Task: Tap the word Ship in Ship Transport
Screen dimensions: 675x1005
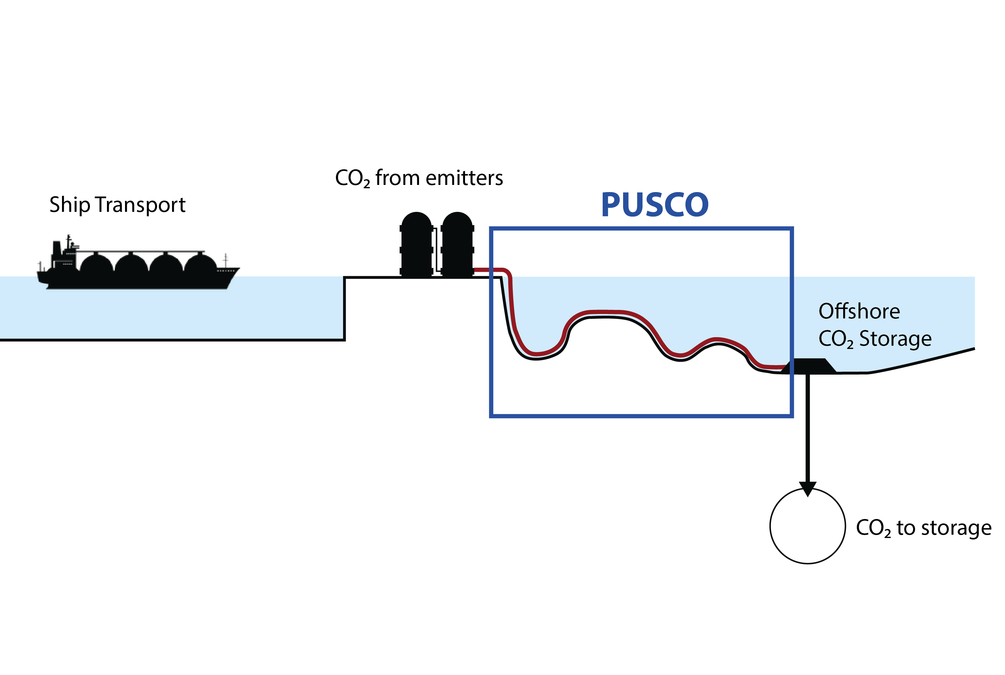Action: click(69, 205)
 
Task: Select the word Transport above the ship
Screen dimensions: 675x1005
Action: click(140, 205)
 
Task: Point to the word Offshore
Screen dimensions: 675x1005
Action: click(859, 311)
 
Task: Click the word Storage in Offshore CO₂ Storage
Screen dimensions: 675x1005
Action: click(896, 339)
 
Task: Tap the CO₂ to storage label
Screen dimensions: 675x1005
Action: click(923, 528)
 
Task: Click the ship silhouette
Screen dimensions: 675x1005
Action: click(138, 276)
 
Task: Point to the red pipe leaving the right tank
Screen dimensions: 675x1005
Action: click(489, 270)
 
